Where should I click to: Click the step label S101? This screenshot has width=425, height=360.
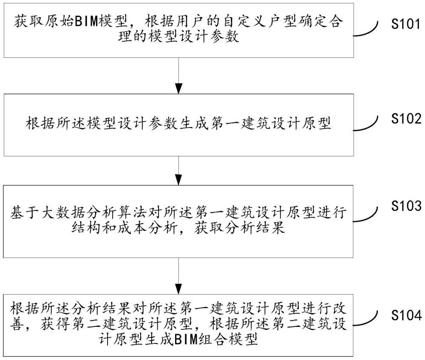pos(406,24)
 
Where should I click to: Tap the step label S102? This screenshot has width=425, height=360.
pos(406,119)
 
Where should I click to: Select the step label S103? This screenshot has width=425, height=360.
pos(406,206)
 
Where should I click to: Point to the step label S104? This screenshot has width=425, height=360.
pos(406,315)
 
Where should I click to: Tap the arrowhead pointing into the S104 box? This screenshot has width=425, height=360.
pos(178,289)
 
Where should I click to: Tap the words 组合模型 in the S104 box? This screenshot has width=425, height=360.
pos(228,339)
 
